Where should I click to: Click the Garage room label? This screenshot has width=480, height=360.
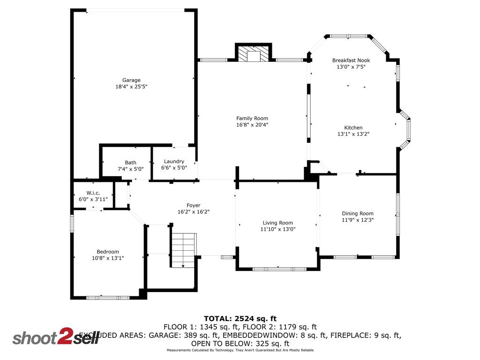[131, 80]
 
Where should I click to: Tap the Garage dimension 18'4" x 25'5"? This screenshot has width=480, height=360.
[131, 87]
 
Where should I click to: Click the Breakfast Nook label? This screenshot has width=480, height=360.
[351, 60]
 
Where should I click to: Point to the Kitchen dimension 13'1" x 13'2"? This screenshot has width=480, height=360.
[353, 134]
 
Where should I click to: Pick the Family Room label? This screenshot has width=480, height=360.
[252, 119]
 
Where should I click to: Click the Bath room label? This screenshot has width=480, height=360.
[130, 163]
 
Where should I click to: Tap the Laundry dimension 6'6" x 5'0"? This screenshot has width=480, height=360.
[174, 168]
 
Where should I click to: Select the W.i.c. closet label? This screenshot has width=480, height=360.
[93, 193]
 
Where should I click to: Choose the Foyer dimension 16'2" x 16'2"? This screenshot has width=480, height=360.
[193, 212]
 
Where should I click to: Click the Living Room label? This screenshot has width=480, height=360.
[278, 223]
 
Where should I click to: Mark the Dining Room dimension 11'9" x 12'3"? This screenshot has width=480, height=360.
[358, 220]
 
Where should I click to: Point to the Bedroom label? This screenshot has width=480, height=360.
[108, 252]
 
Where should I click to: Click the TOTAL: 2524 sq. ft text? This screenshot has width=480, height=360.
[240, 318]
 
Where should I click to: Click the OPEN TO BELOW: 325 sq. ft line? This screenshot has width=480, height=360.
[240, 343]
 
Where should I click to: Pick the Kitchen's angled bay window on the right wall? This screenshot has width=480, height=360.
[408, 130]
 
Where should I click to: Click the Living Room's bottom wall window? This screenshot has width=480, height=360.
[279, 269]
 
